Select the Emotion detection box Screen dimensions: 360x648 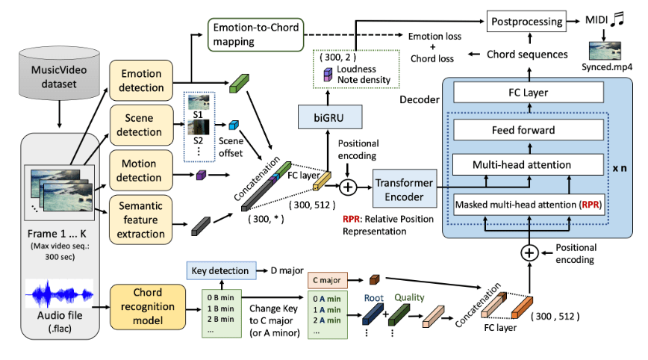(x=142, y=81)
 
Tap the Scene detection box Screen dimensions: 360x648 (x=142, y=125)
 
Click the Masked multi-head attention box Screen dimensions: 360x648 (x=528, y=204)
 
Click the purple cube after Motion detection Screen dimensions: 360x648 (x=200, y=176)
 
